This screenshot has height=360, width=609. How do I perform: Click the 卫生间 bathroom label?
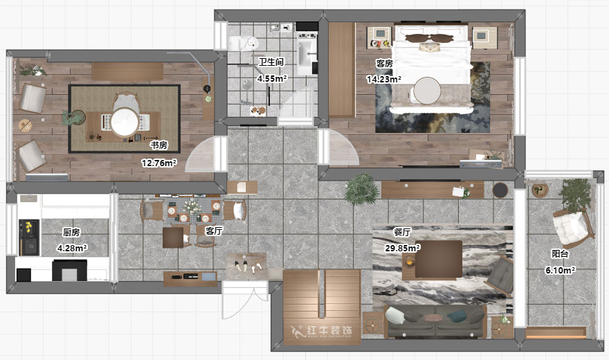click(271, 62)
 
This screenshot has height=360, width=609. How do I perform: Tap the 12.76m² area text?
click(159, 163)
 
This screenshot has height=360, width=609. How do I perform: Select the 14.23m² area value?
click(383, 79)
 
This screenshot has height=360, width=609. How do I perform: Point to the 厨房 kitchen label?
click(71, 232)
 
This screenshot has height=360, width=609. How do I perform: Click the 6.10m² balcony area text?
click(560, 270)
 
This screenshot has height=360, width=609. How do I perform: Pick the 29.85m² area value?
click(402, 248)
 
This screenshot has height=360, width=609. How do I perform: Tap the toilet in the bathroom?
click(243, 43)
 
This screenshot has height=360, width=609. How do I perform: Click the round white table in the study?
click(125, 122)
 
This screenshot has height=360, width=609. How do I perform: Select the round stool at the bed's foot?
click(427, 91)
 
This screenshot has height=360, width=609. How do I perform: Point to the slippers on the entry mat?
click(246, 267)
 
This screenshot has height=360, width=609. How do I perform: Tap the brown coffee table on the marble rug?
click(439, 260)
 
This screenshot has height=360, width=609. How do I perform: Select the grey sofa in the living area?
click(436, 321)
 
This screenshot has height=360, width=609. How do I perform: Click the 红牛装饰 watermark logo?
click(322, 331)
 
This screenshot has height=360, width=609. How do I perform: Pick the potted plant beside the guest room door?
click(361, 189)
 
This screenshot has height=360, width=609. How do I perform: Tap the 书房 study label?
click(159, 145)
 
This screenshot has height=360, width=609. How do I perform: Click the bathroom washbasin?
click(307, 55)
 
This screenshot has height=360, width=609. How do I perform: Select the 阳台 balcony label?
click(560, 254)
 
